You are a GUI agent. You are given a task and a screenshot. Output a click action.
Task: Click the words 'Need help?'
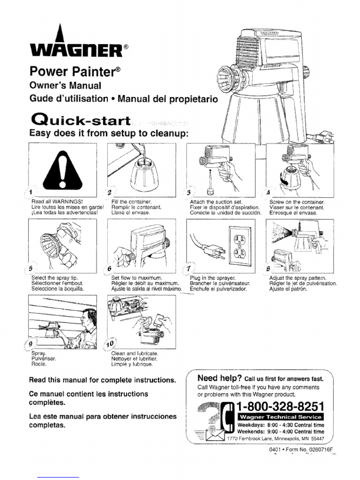[x=219, y=378]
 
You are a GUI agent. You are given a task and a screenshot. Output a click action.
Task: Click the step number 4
[x=268, y=193]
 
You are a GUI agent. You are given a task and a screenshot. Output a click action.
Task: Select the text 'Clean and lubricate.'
[x=135, y=353]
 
